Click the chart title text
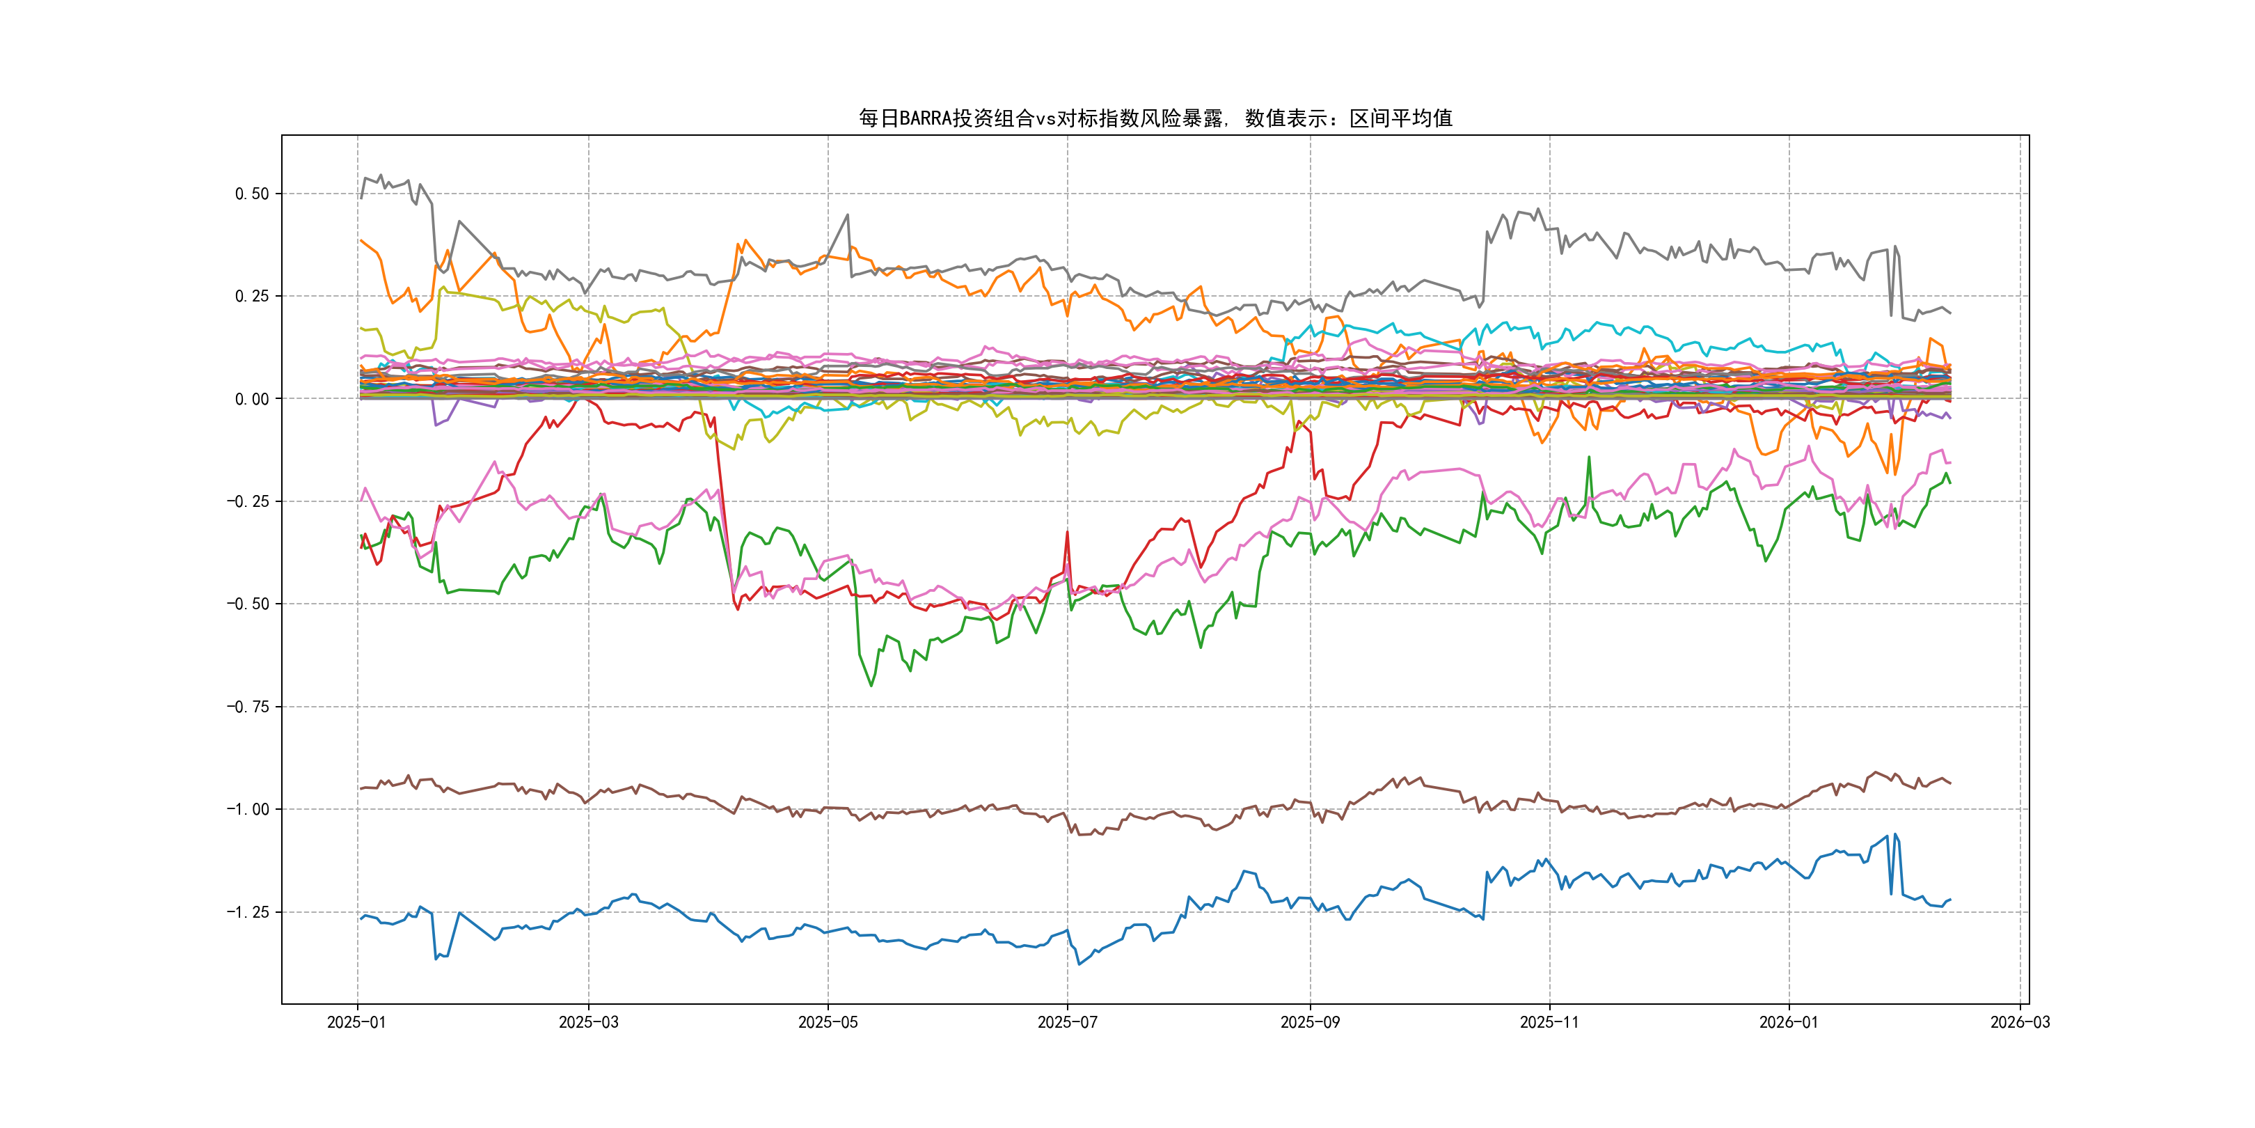click(1155, 118)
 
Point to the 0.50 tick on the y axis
click(252, 194)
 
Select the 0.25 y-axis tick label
click(252, 296)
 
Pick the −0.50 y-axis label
click(248, 604)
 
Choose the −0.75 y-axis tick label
click(248, 707)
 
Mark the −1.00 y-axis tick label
click(248, 809)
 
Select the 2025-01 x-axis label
click(356, 1022)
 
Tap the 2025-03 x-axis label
click(588, 1022)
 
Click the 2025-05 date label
click(828, 1022)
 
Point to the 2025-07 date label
click(1067, 1022)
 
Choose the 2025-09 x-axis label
click(1310, 1022)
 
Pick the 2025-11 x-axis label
click(1549, 1022)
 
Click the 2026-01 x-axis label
click(1789, 1022)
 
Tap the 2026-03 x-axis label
click(2020, 1022)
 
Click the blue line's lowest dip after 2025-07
click(1079, 964)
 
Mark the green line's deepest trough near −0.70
click(871, 685)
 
